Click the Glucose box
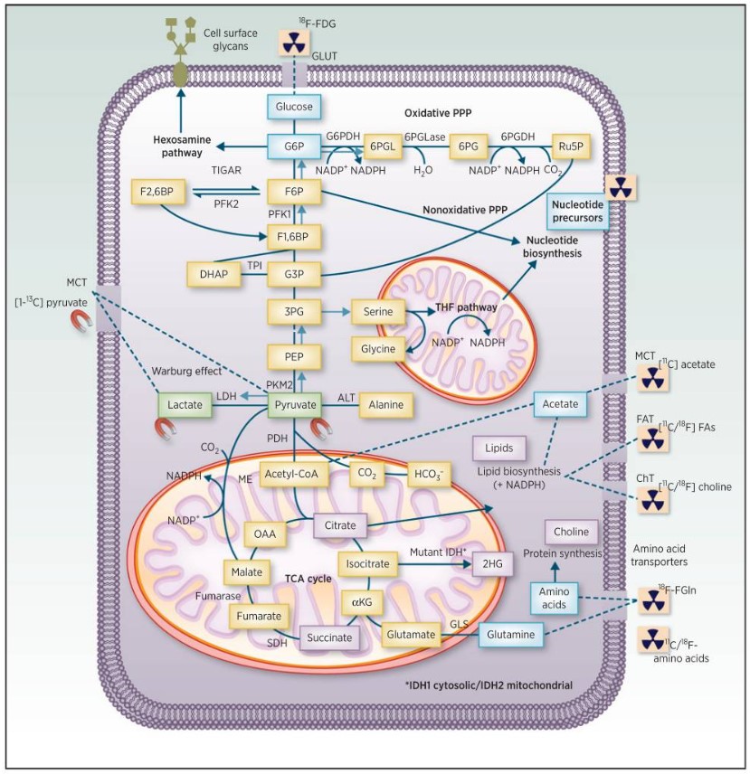click(x=294, y=107)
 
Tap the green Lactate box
click(x=184, y=406)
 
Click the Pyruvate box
click(x=294, y=406)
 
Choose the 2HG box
click(x=492, y=563)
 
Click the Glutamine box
click(x=512, y=635)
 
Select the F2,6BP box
click(x=157, y=192)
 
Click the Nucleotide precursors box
click(x=575, y=210)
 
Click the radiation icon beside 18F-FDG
click(x=295, y=41)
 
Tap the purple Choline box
click(x=570, y=532)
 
